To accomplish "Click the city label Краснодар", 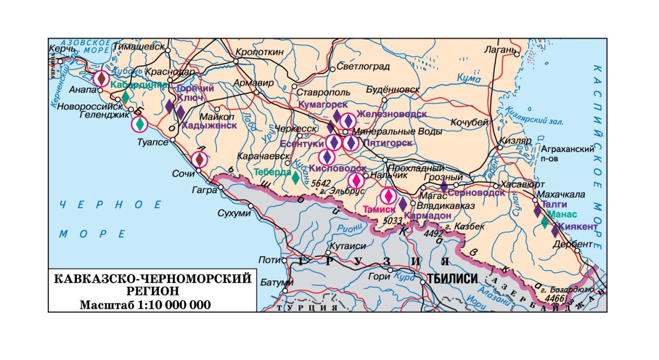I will click(170, 72).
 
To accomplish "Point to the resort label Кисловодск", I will click(337, 168).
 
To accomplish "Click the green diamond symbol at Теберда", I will click(295, 177).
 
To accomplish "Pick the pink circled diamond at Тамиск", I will click(388, 195).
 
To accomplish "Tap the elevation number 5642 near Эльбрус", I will click(322, 183).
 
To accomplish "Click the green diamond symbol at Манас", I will click(544, 222).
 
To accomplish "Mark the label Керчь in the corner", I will click(62, 49).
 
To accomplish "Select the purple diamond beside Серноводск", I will click(444, 187).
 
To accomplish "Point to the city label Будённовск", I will click(393, 89).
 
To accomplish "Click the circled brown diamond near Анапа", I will click(100, 78).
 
